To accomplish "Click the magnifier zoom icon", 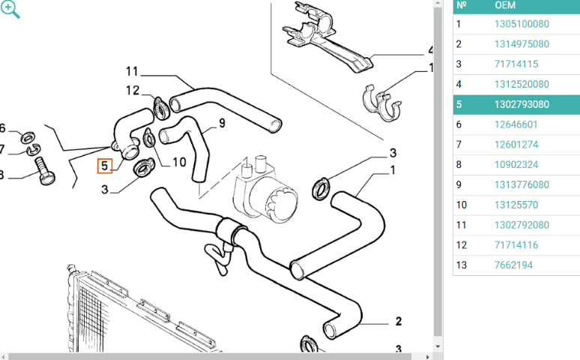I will [x=10, y=10].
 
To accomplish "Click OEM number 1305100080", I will [x=522, y=24].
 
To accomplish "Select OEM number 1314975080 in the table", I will [x=522, y=44].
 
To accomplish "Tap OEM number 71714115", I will [x=516, y=64].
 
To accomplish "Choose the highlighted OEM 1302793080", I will [x=522, y=105].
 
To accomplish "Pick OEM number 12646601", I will [x=516, y=124].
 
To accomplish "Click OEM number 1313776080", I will [x=522, y=184].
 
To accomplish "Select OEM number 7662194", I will [x=513, y=265].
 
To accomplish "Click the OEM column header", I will [x=505, y=5].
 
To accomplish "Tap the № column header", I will [x=462, y=5].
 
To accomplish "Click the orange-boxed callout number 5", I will [x=105, y=165].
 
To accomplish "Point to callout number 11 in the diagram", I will [x=132, y=72].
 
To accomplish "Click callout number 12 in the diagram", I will [x=132, y=91].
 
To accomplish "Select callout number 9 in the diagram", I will [x=222, y=122].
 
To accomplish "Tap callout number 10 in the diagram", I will [x=179, y=161].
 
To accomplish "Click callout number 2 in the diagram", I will [x=398, y=321].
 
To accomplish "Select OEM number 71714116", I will [x=516, y=244].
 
